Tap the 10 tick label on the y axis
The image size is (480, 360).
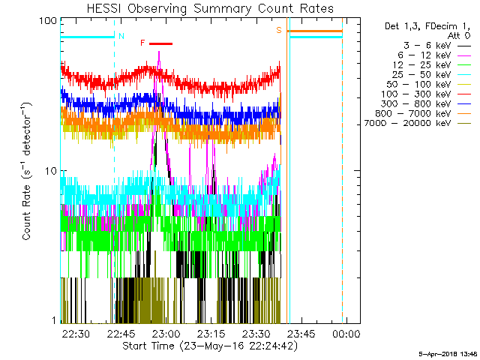click(x=50, y=170)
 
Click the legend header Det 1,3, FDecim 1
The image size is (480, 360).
click(x=427, y=25)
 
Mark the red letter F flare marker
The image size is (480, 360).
click(x=142, y=43)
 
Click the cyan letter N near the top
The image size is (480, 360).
click(x=121, y=35)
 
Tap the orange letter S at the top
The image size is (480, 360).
click(x=278, y=30)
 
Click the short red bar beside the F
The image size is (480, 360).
click(x=160, y=43)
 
